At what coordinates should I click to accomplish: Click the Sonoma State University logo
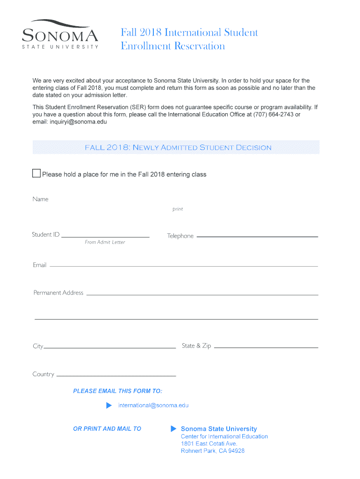(x=61, y=34)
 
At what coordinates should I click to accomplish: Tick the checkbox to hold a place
(x=36, y=174)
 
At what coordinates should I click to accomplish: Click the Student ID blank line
(x=105, y=236)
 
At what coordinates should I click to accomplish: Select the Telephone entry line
(x=257, y=236)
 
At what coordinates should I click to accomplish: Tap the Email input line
(x=184, y=266)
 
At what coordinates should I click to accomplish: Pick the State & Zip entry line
(x=266, y=348)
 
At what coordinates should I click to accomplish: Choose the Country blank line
(x=116, y=376)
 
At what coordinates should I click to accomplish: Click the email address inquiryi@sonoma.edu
(x=70, y=122)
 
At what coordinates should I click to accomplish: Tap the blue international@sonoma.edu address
(x=153, y=406)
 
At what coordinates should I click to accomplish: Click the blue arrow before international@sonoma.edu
(x=109, y=405)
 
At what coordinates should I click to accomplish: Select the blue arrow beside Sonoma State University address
(x=173, y=428)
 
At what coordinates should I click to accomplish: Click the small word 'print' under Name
(x=178, y=209)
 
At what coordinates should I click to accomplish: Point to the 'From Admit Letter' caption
(x=105, y=242)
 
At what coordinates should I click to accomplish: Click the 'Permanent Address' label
(x=58, y=293)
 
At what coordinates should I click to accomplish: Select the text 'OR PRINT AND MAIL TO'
(x=107, y=428)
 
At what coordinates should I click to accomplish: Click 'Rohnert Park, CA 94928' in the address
(x=213, y=451)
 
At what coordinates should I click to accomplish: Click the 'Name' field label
(x=41, y=199)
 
